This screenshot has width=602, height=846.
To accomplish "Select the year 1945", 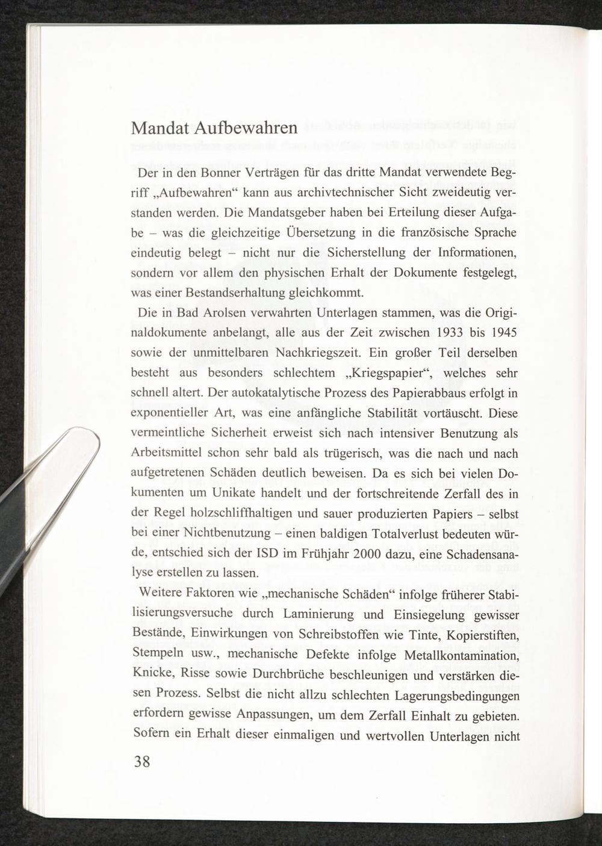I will pyautogui.click(x=501, y=333).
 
